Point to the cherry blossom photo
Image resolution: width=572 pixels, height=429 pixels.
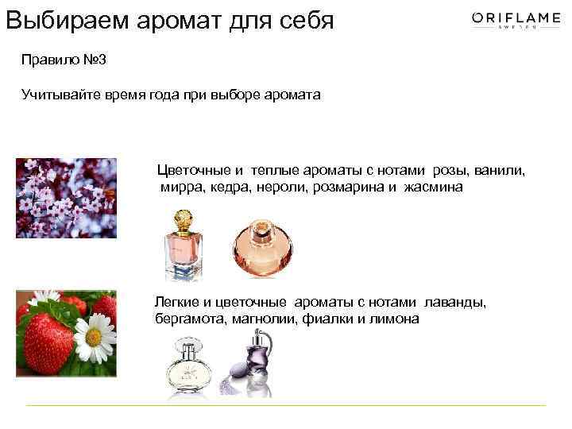tap(66, 198)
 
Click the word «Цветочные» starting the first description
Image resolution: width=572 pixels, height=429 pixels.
tap(194, 171)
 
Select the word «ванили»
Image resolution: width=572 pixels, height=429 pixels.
tap(500, 171)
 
